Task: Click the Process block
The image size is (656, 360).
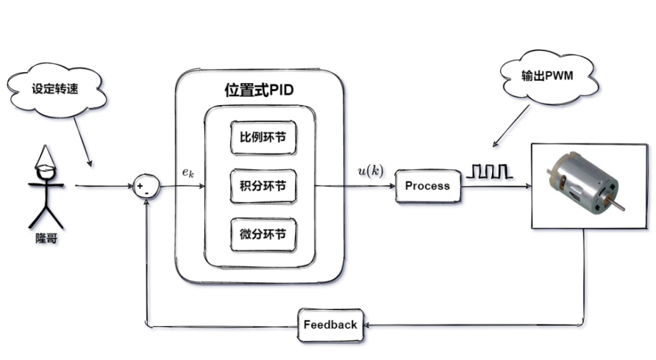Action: (x=427, y=186)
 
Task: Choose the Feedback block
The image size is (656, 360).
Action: (x=331, y=325)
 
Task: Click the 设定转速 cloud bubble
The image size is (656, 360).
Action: (x=55, y=89)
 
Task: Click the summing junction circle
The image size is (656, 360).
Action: (x=146, y=186)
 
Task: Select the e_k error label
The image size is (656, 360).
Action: (x=188, y=173)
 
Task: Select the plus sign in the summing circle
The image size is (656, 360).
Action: (x=140, y=186)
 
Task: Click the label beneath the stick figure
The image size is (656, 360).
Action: (x=46, y=242)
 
